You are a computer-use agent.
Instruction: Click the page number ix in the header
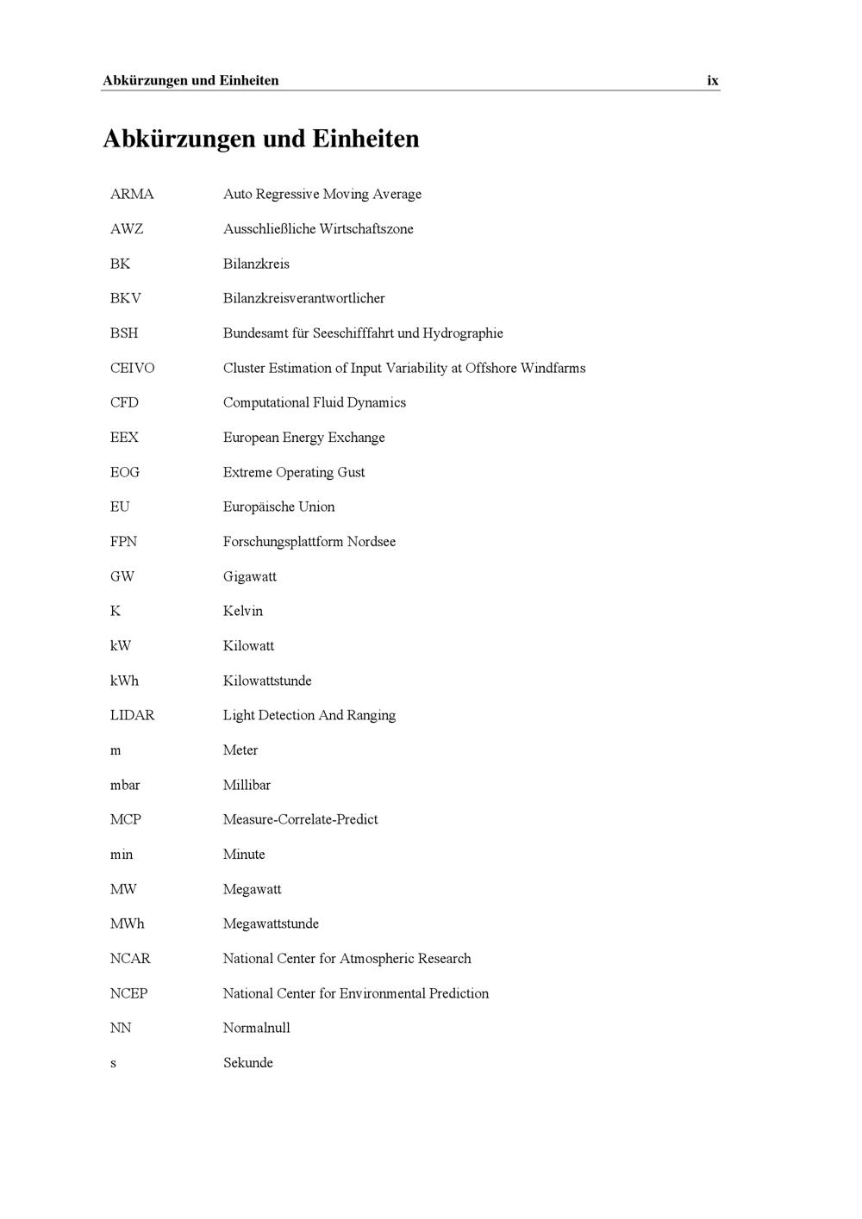[713, 81]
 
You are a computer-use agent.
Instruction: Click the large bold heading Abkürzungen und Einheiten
[261, 139]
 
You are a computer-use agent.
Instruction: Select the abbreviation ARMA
[132, 195]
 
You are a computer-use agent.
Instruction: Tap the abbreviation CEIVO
[132, 369]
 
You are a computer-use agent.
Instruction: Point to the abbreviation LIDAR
[132, 716]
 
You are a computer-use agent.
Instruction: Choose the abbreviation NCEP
[128, 994]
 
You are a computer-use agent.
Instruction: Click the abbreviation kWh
[124, 681]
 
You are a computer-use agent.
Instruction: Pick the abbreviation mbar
[125, 786]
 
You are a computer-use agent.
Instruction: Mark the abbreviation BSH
[124, 333]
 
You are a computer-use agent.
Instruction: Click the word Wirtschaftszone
[366, 229]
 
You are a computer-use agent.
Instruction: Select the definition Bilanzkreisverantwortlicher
[303, 299]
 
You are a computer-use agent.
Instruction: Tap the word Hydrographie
[463, 333]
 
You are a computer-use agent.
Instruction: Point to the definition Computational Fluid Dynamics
[314, 403]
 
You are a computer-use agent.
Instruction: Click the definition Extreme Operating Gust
[294, 473]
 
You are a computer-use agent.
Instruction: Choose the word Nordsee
[372, 542]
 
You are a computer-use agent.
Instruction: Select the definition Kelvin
[242, 612]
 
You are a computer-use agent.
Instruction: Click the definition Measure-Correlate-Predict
[300, 820]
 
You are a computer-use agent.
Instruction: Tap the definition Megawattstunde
[271, 924]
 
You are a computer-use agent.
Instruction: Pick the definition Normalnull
[256, 1029]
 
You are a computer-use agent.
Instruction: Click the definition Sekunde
[247, 1063]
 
